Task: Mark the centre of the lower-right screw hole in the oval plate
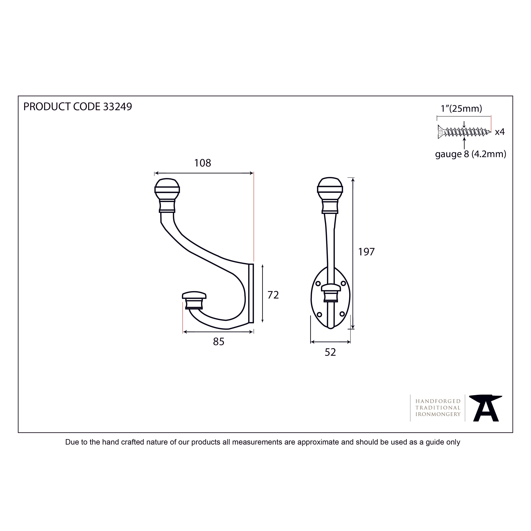[342, 314]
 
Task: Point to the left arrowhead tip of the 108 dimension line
[154, 173]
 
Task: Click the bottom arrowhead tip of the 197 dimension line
[353, 329]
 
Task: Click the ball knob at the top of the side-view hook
[167, 190]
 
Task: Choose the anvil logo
[486, 408]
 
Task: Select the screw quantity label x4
[500, 132]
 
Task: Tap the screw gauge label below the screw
[471, 154]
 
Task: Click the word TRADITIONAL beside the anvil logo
[438, 408]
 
